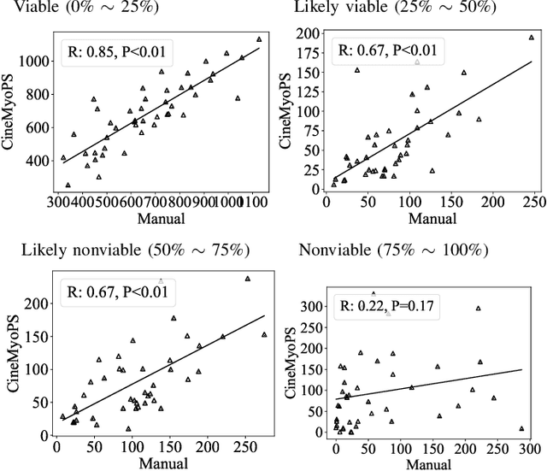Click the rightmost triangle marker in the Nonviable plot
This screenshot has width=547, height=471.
[x=521, y=429]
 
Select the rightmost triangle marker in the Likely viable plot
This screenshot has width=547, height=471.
[x=531, y=38]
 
